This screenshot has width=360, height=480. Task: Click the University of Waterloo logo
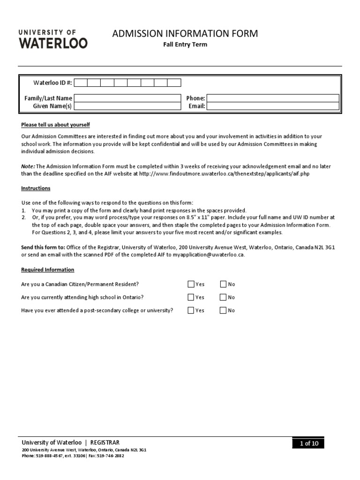coord(52,38)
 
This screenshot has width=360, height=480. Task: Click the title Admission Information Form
coord(185,34)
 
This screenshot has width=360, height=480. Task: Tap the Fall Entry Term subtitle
coord(185,45)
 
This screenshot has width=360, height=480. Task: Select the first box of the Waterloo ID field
coord(81,83)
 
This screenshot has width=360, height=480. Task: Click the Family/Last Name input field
coord(127,98)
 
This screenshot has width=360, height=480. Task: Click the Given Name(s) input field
coord(127,106)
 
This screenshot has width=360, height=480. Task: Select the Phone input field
coord(272,98)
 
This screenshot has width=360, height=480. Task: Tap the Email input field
coord(272,106)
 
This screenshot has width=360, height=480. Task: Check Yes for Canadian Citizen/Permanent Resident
coord(191,284)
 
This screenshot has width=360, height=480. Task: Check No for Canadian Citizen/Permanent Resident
coord(223,284)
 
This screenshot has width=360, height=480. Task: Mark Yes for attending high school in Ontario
coord(191,297)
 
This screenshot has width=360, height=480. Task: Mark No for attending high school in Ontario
coord(223,297)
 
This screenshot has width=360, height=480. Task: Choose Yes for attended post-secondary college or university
coord(191,310)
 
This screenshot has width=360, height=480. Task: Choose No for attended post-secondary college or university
coord(223,310)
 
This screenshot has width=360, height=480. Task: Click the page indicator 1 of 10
coord(308,443)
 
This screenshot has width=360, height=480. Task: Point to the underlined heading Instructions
coord(36,188)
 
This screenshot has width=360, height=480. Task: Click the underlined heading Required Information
coord(47,270)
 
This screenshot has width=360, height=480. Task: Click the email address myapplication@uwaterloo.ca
coord(209,255)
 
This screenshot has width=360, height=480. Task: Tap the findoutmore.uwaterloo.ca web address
coord(224,173)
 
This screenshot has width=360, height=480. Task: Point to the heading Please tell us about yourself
coord(55,125)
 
